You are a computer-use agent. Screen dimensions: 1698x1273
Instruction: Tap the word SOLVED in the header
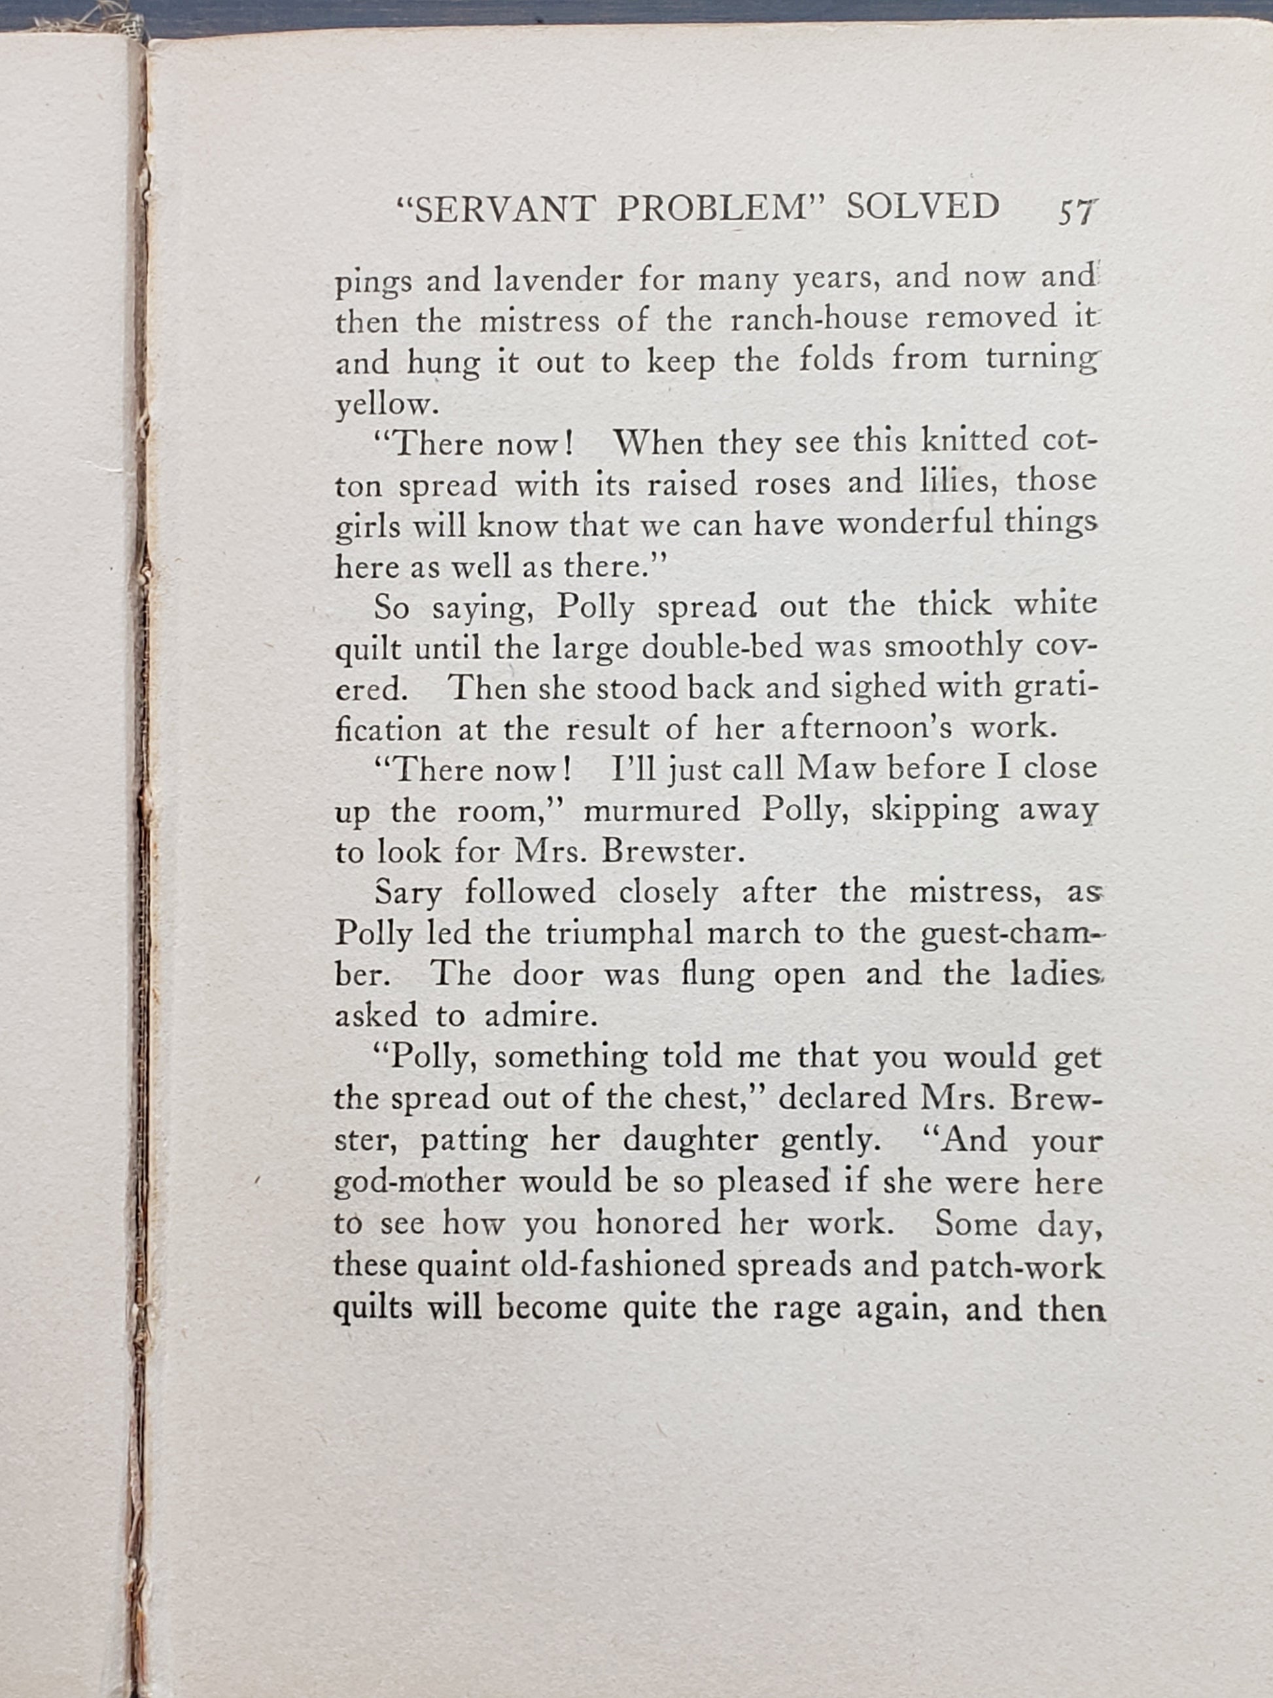[922, 207]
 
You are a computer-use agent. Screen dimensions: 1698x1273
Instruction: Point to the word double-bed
[722, 647]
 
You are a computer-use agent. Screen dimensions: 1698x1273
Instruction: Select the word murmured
[661, 811]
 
